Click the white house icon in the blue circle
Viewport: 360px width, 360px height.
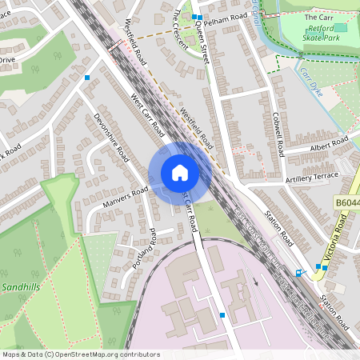pos(179,173)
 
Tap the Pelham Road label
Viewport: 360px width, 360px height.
pos(226,17)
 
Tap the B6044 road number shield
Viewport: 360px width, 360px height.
pos(346,206)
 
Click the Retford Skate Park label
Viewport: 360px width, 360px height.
pos(319,33)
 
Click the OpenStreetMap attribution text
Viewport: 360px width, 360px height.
pos(81,354)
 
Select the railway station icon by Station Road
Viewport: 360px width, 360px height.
pos(299,273)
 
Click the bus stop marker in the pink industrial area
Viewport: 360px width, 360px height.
pos(222,316)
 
